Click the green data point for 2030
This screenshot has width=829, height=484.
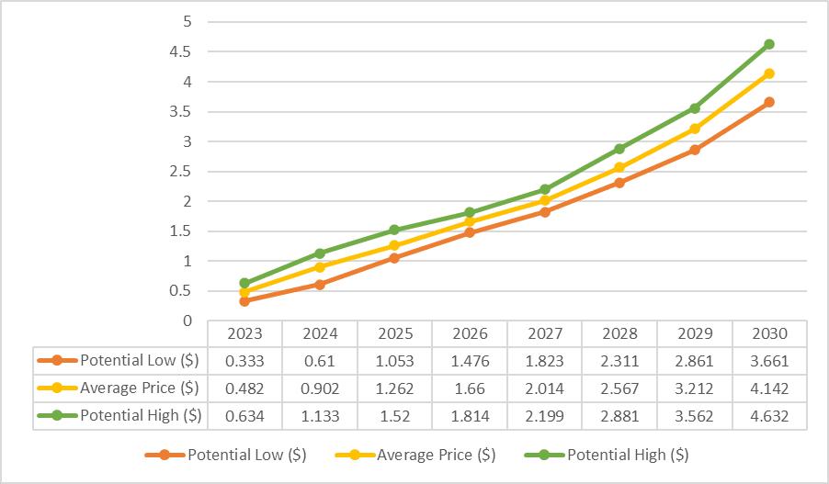(769, 44)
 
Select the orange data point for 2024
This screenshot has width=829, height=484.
(320, 285)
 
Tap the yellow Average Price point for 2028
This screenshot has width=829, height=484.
(619, 167)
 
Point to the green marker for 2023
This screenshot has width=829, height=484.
(244, 283)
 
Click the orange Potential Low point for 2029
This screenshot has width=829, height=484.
(695, 150)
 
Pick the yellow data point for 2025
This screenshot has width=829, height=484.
(394, 246)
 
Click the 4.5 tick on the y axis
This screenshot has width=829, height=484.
(181, 51)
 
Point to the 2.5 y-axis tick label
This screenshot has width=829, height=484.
(181, 171)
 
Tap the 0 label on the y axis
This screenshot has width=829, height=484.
(187, 321)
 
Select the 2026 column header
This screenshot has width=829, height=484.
(470, 334)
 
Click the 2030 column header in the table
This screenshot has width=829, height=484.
(770, 334)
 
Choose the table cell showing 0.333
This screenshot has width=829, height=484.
(244, 362)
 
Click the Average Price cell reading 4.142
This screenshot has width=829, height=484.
(770, 388)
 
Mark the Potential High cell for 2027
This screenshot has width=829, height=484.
(545, 416)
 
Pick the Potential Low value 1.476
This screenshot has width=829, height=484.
(470, 362)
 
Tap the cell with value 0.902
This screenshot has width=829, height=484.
(320, 388)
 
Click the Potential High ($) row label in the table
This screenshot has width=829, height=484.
(141, 416)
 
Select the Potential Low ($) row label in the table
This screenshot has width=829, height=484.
(140, 361)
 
